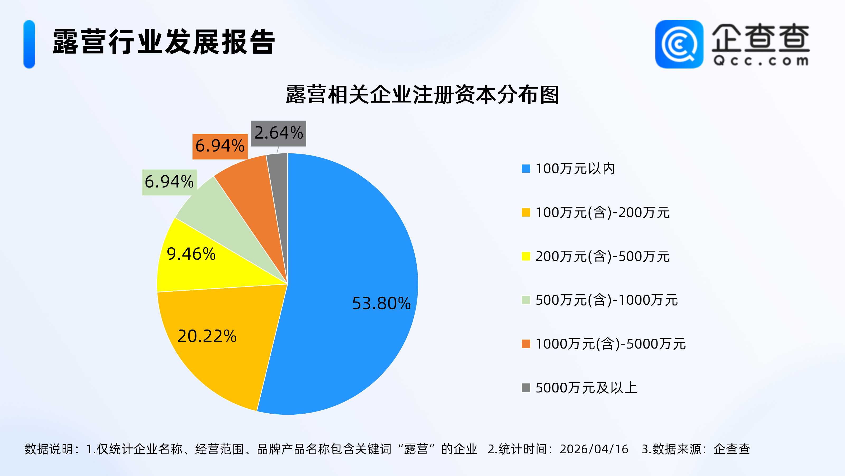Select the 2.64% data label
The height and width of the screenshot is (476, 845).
279,133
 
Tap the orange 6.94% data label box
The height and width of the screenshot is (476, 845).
220,146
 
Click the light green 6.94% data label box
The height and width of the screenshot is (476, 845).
169,182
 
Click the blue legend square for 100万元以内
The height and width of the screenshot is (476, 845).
526,168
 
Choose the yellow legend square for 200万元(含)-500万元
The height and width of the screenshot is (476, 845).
526,256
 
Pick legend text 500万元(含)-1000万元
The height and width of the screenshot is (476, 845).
607,300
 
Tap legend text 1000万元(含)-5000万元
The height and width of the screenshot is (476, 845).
611,344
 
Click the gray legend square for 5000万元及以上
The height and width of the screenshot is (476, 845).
526,388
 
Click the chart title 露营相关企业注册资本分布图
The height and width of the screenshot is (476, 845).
422,95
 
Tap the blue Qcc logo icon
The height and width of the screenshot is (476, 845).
679,44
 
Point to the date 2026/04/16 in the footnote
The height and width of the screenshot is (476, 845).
594,449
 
